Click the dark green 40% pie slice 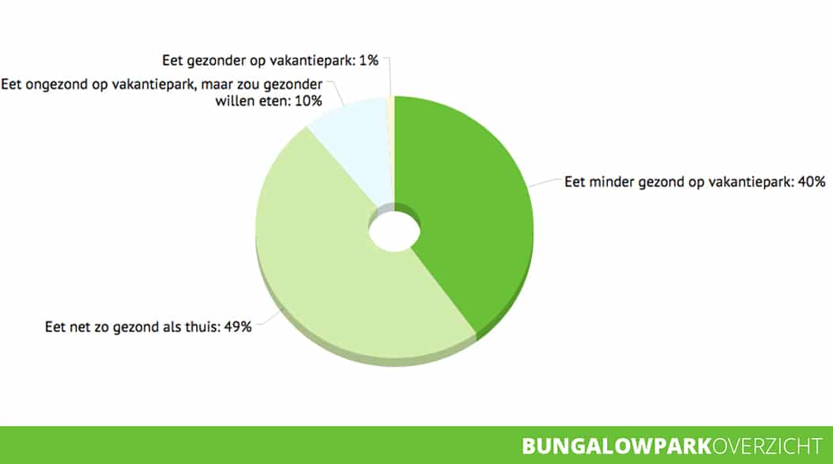[468, 212]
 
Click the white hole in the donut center [394, 232]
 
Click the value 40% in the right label [811, 181]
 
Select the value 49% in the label [237, 327]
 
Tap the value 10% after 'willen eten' [308, 101]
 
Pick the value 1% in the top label [369, 61]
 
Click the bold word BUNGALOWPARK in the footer [616, 446]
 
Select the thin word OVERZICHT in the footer [767, 446]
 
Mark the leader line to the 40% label [545, 182]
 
